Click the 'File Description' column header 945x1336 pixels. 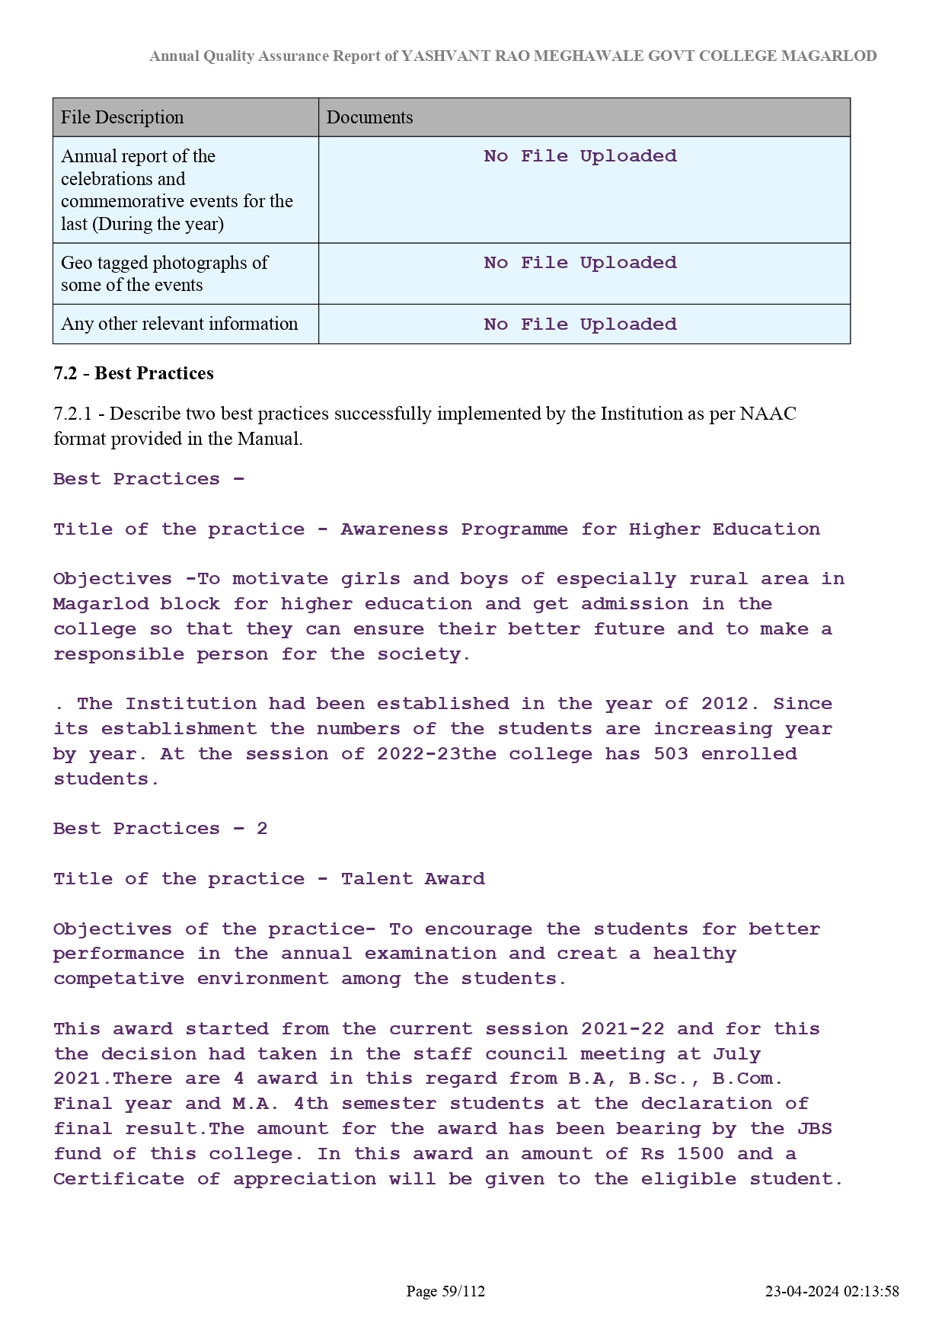point(123,117)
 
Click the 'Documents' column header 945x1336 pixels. point(369,117)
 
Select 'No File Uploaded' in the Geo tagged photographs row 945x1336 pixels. point(580,263)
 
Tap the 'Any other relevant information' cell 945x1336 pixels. point(180,324)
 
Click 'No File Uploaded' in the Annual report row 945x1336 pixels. point(580,156)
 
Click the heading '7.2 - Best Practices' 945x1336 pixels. point(133,373)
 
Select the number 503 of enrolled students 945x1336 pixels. point(671,754)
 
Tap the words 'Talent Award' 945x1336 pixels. point(413,879)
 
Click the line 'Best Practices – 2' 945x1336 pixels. point(161,829)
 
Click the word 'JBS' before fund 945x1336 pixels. point(815,1129)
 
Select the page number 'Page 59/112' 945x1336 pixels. point(445,1291)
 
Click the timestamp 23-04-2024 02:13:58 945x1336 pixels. point(832,1291)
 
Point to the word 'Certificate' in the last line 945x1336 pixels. point(119,1179)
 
